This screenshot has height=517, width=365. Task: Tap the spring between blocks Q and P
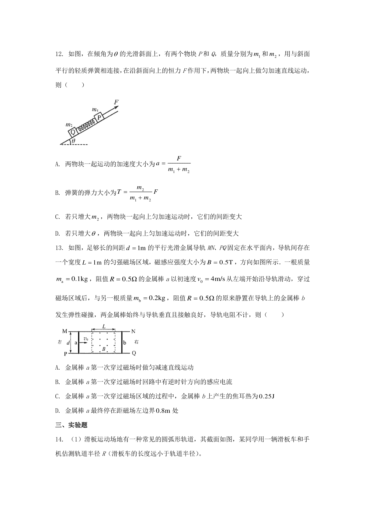[x=86, y=125]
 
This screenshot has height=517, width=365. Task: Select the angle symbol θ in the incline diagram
[x=73, y=141]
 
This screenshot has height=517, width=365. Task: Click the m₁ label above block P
[x=95, y=109]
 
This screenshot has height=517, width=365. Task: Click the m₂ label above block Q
[x=69, y=125]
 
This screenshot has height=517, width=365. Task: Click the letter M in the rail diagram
[x=64, y=331]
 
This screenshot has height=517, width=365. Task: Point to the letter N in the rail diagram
[x=133, y=331]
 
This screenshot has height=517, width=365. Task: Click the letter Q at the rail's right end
[x=134, y=353]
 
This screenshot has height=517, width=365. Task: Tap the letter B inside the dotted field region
[x=104, y=349]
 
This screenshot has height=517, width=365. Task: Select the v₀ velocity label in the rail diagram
[x=86, y=338]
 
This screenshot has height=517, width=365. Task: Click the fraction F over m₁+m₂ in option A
[x=179, y=165]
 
